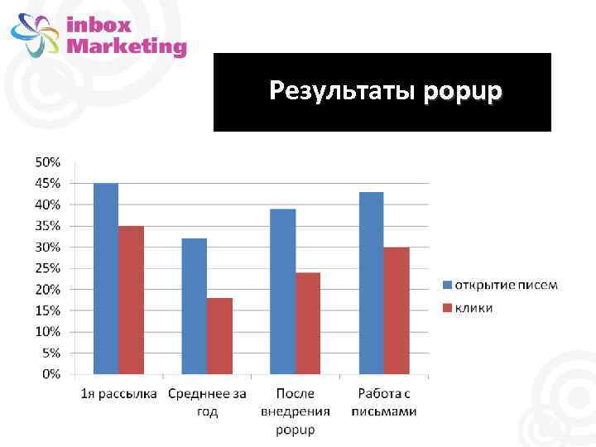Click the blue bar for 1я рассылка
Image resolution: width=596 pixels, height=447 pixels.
coord(106,278)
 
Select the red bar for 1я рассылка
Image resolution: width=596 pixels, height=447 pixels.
coord(131,300)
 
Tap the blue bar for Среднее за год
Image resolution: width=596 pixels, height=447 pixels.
coord(195,305)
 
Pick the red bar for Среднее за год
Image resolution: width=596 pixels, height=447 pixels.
coord(219,335)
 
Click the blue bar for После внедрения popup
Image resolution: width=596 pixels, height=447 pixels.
coord(282,291)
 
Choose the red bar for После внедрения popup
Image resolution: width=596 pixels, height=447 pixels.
coord(307,323)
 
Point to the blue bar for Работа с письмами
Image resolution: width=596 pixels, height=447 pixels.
coord(371,282)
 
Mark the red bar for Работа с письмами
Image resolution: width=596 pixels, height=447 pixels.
coord(396,310)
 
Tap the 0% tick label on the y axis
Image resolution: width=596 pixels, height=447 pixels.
coord(51,374)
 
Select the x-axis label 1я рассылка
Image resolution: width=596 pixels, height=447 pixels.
coord(118,393)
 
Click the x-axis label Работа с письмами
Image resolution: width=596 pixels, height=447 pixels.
coord(383,402)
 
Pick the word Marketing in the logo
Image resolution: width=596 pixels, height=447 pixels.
coord(126,46)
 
